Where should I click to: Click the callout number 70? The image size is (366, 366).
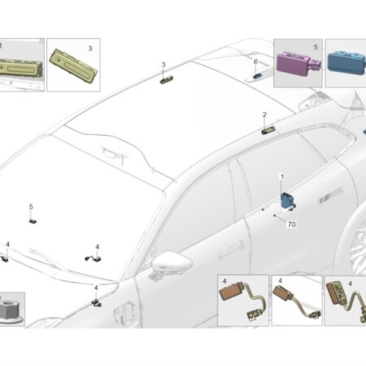(291, 224)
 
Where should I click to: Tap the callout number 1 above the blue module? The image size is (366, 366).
(282, 176)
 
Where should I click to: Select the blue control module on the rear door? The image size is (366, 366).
(287, 201)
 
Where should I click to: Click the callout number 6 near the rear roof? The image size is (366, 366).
(255, 62)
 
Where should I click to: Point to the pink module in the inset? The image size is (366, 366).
(298, 63)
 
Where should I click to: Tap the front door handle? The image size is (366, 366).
(231, 250)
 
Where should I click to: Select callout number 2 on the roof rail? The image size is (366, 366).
(264, 115)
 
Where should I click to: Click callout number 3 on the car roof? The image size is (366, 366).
(163, 65)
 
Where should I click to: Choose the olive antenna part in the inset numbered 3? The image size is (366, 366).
(73, 65)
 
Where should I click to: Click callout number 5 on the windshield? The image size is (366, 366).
(31, 207)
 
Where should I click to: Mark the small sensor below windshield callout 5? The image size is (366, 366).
(33, 221)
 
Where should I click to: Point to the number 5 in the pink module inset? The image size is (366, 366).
(316, 47)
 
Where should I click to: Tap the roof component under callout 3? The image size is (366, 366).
(167, 80)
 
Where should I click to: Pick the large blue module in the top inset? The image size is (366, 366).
(346, 63)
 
